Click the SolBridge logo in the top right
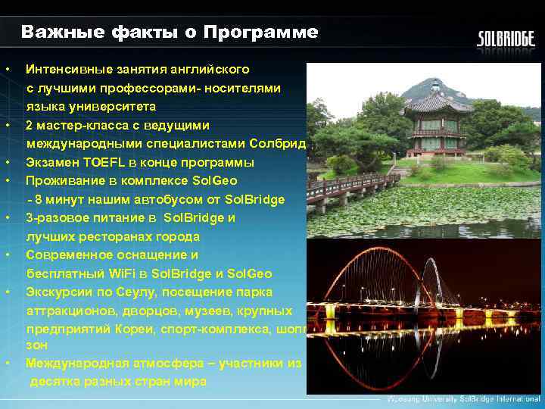pos(505,39)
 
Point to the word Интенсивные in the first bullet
pos(65,70)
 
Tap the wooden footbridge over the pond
pos(356,186)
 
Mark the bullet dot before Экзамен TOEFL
pos(7,162)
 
